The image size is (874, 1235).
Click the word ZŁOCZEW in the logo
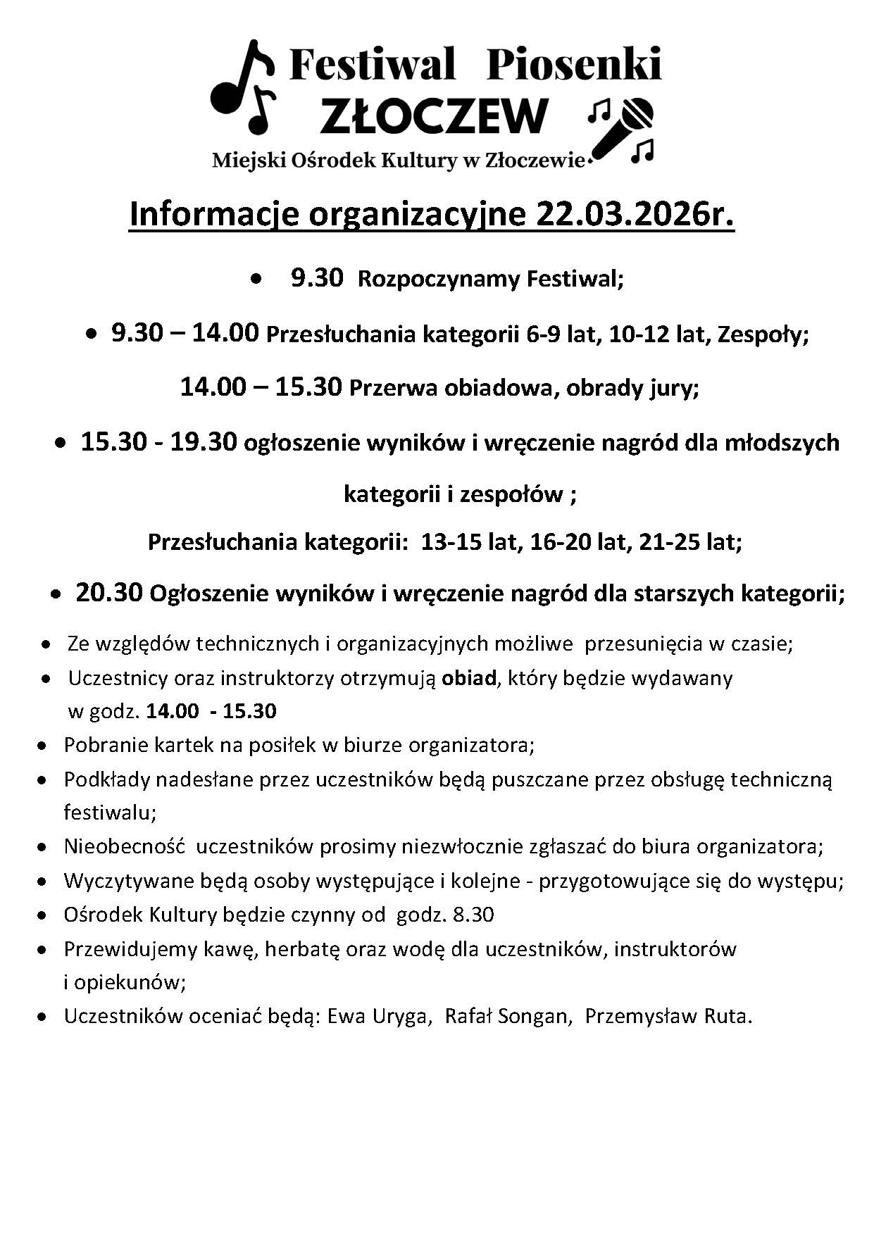point(434,115)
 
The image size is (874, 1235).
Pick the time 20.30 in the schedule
point(109,593)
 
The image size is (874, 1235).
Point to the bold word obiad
point(469,678)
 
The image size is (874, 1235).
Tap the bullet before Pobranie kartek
point(44,745)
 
